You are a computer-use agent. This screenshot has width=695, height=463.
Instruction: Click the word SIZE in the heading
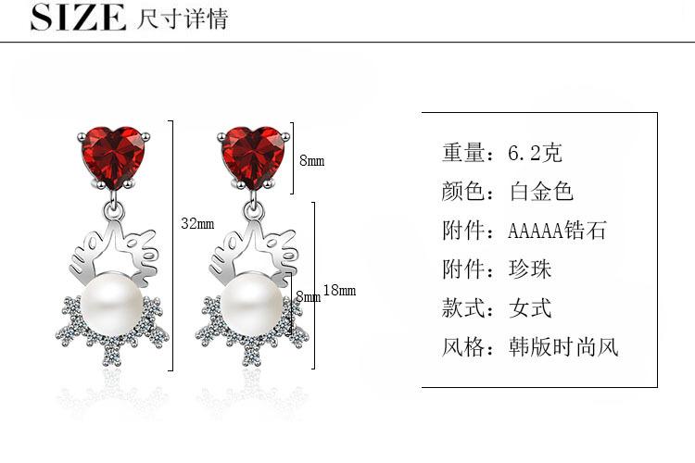pyautogui.click(x=78, y=18)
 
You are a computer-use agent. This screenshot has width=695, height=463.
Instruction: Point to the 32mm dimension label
pyautogui.click(x=197, y=224)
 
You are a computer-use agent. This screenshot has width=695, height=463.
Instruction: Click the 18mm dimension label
pyautogui.click(x=339, y=291)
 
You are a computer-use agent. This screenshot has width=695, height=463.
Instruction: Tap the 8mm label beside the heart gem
pyautogui.click(x=311, y=160)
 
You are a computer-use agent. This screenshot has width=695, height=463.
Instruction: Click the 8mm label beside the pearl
pyautogui.click(x=308, y=296)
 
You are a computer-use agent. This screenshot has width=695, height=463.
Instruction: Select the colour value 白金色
pyautogui.click(x=542, y=192)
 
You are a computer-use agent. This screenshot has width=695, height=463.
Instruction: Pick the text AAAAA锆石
pyautogui.click(x=557, y=231)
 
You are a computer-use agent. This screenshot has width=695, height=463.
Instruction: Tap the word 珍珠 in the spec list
pyautogui.click(x=530, y=269)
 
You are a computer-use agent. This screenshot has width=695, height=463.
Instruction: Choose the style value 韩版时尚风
pyautogui.click(x=563, y=347)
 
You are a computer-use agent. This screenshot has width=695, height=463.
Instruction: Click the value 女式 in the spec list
pyautogui.click(x=530, y=308)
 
